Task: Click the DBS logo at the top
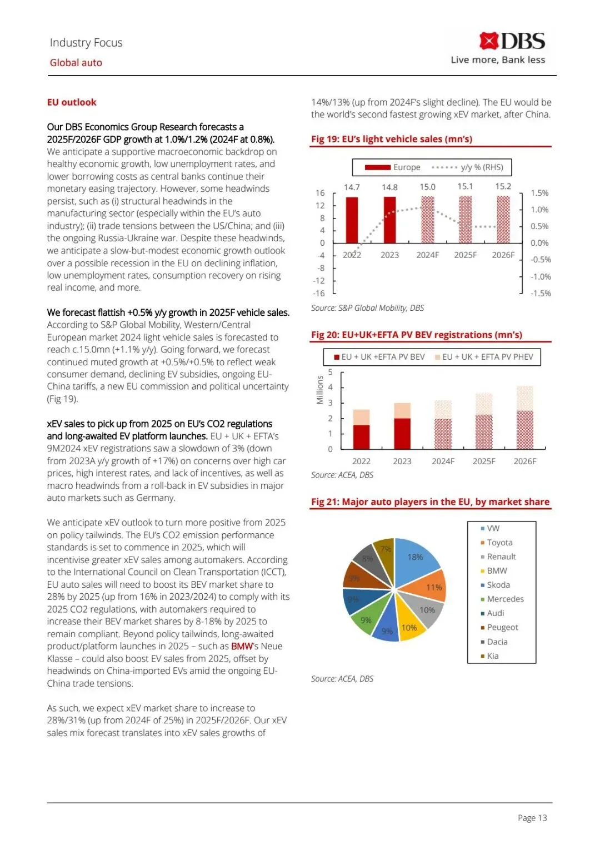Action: tap(512, 42)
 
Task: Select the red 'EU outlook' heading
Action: tap(72, 102)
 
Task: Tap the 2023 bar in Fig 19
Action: tap(390, 220)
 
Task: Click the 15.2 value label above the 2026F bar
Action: tap(503, 187)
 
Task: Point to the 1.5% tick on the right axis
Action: tap(539, 193)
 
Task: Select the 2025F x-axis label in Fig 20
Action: tap(484, 461)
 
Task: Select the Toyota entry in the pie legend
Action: tap(499, 543)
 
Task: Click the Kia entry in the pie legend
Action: tap(493, 656)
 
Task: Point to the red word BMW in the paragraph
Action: tap(242, 647)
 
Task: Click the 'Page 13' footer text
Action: tap(532, 818)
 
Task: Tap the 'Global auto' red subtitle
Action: tap(76, 63)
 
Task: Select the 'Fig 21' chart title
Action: tap(430, 502)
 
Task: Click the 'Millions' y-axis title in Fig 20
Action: tap(320, 390)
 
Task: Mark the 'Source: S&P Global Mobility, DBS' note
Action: tap(367, 308)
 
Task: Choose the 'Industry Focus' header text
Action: tap(86, 43)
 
